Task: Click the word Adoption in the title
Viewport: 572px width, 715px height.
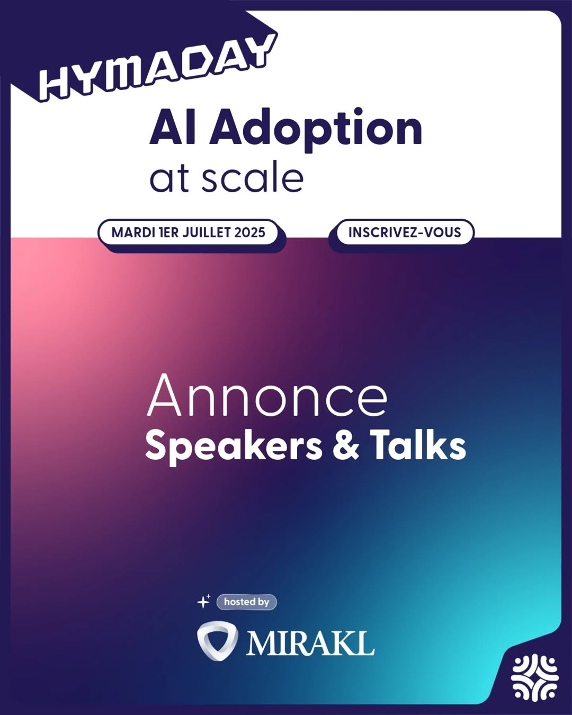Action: [316, 130]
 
